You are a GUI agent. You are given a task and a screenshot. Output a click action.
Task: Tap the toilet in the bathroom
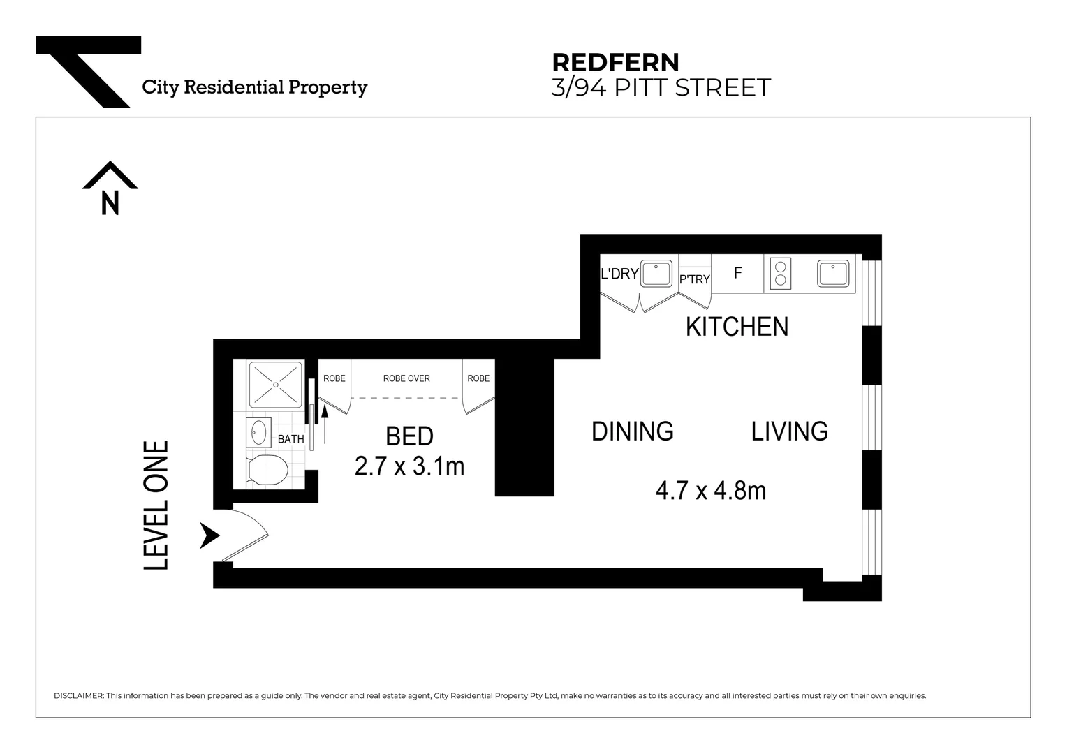point(267,470)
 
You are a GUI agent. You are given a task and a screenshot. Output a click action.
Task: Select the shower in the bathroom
point(275,384)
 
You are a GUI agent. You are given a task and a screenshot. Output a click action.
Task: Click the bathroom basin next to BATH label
point(260,432)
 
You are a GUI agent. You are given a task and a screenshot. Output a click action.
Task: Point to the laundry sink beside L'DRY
point(656,273)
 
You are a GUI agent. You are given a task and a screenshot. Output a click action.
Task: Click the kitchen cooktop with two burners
point(779,273)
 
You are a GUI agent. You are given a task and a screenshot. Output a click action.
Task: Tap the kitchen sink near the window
point(834,273)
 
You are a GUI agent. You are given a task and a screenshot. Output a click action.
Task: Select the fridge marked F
point(737,273)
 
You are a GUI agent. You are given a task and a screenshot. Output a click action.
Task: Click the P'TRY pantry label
point(694,279)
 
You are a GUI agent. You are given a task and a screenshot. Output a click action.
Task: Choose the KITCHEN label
point(737,327)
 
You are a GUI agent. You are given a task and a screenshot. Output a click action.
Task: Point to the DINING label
point(632,431)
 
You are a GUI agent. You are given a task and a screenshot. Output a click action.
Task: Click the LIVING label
point(789,431)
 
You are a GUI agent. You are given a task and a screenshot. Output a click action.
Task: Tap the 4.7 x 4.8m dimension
point(710,491)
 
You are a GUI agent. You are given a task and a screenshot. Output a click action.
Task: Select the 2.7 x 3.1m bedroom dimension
point(409,466)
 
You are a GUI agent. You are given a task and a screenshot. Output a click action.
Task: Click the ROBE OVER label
point(406,378)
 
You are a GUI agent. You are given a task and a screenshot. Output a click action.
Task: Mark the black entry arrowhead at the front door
point(209,535)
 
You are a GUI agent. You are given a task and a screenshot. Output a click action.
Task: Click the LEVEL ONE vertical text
point(156,505)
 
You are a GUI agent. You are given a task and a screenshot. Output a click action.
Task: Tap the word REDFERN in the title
point(615,63)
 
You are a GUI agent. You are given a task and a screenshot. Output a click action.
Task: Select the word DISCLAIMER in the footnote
point(78,696)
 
